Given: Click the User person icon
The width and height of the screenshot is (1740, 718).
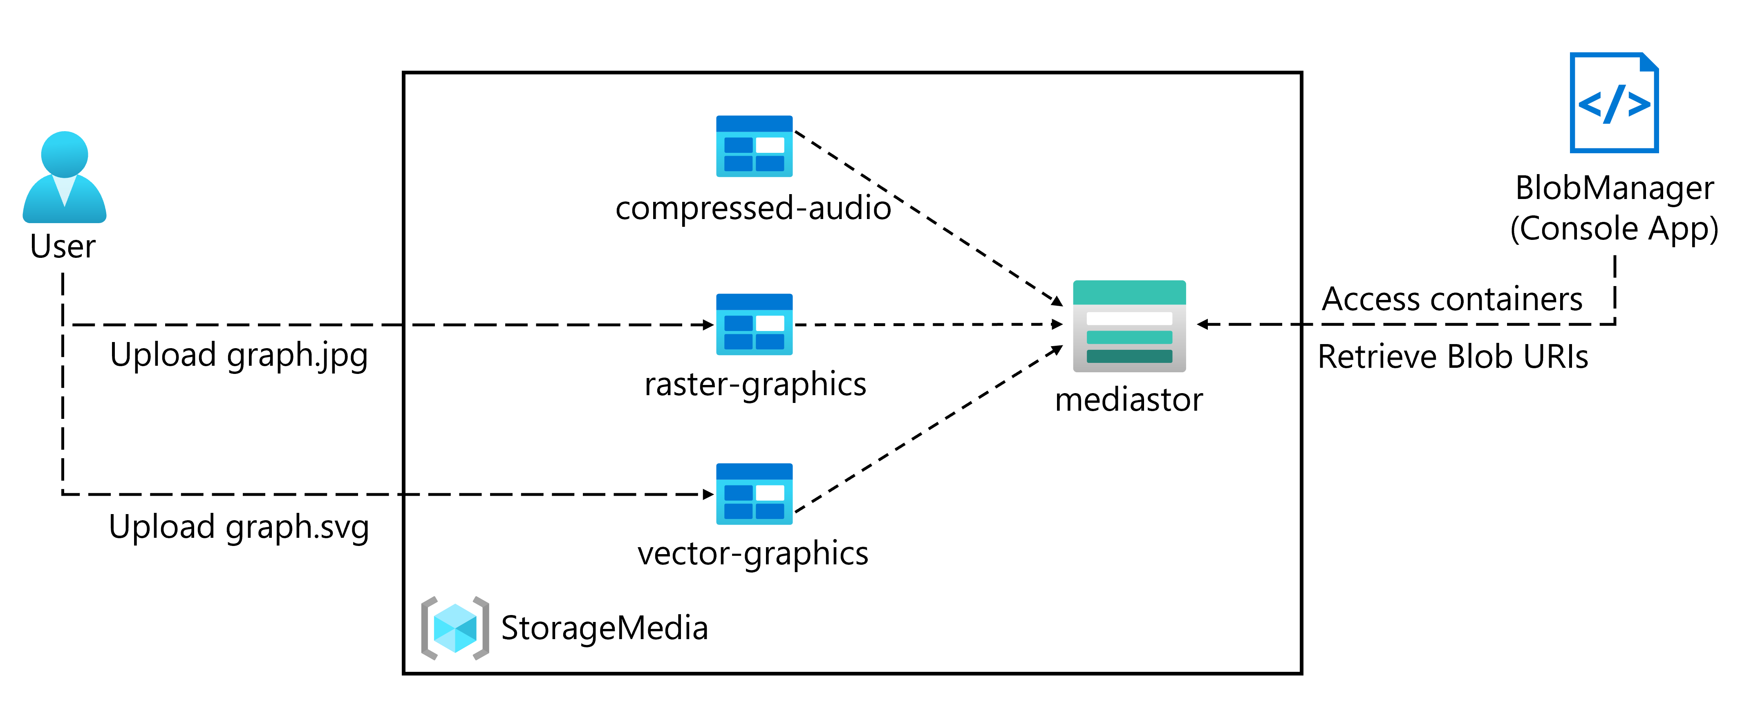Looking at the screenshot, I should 64,177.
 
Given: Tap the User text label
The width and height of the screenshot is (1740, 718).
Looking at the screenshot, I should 63,246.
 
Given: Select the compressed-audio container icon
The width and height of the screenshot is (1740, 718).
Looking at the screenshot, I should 754,146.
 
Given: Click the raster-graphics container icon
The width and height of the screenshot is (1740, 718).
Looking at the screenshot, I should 754,324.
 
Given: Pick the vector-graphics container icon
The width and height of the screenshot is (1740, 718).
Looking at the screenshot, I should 754,494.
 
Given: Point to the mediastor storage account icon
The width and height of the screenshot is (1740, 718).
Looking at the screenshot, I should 1129,326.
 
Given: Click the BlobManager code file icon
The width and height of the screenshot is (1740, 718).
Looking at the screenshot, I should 1614,103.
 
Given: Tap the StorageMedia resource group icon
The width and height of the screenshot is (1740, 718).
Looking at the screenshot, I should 455,628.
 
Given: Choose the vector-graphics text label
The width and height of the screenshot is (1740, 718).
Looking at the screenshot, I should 752,554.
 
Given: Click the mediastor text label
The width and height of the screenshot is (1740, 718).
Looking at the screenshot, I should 1129,400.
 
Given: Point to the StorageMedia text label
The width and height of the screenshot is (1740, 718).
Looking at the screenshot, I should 605,628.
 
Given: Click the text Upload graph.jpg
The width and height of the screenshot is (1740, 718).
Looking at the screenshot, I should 238,355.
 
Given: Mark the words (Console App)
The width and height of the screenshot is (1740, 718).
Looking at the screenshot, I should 1614,228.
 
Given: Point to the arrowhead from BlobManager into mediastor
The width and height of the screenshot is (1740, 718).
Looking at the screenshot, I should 1203,324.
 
